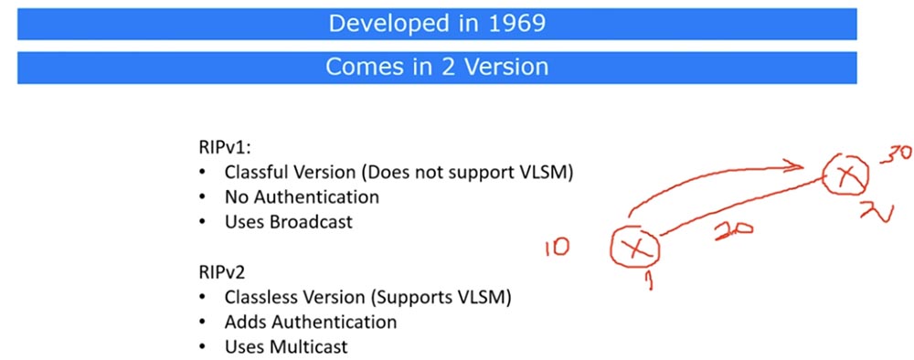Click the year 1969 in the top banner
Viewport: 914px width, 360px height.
click(x=516, y=24)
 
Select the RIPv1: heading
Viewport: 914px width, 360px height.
click(x=210, y=147)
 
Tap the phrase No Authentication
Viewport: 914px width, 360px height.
click(x=301, y=196)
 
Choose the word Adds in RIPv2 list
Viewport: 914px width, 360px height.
click(x=244, y=322)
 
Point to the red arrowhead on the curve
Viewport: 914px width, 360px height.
click(x=798, y=164)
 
